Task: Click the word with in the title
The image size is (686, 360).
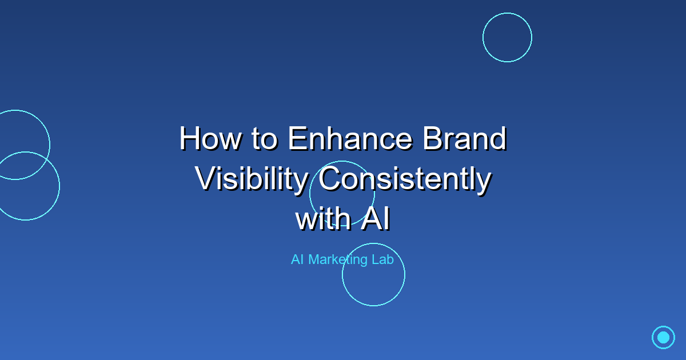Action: pos(322,220)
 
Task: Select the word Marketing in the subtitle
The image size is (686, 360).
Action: pos(338,260)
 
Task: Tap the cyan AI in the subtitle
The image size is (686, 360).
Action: pos(297,259)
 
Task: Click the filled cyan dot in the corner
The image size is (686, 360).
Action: pos(663,337)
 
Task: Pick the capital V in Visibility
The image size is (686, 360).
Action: pos(205,179)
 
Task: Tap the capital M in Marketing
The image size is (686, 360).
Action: pos(314,259)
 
